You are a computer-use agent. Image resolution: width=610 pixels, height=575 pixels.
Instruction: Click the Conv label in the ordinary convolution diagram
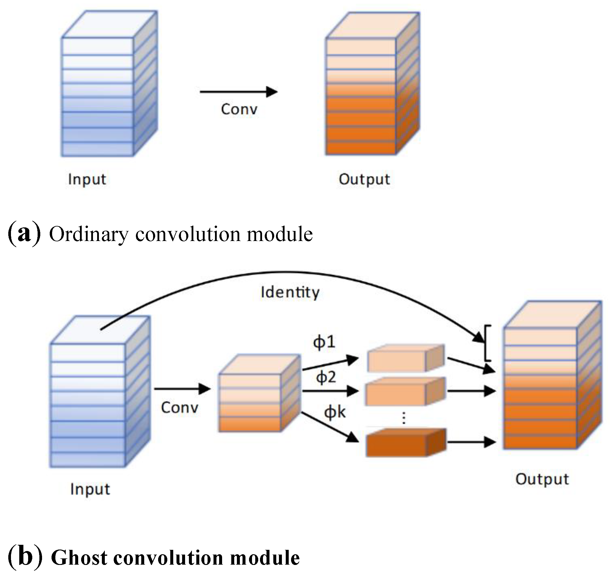(239, 109)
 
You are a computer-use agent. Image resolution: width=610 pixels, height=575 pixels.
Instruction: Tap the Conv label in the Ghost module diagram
(179, 408)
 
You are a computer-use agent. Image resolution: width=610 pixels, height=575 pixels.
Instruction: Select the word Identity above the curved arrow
(290, 292)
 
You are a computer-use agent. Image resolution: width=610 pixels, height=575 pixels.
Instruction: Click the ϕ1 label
(324, 342)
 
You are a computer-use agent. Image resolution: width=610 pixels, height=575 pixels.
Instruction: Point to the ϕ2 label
(326, 377)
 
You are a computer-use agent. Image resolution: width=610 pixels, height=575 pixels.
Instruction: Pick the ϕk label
(335, 412)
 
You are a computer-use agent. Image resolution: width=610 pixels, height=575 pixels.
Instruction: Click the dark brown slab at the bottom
(405, 443)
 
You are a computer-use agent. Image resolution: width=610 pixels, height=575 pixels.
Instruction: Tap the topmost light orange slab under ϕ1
(405, 359)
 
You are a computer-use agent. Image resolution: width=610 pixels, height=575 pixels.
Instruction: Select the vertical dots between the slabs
(404, 418)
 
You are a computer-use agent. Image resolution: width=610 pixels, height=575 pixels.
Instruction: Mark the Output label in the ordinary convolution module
(364, 179)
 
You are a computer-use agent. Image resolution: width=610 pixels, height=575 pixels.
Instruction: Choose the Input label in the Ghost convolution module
(90, 489)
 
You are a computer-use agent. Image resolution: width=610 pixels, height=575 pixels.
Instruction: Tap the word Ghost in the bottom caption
(79, 558)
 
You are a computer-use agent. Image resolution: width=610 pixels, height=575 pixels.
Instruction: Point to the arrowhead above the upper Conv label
(272, 92)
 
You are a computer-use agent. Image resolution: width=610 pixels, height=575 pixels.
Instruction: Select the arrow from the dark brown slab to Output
(471, 442)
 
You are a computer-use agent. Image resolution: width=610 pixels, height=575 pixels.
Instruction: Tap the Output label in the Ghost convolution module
(542, 479)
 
